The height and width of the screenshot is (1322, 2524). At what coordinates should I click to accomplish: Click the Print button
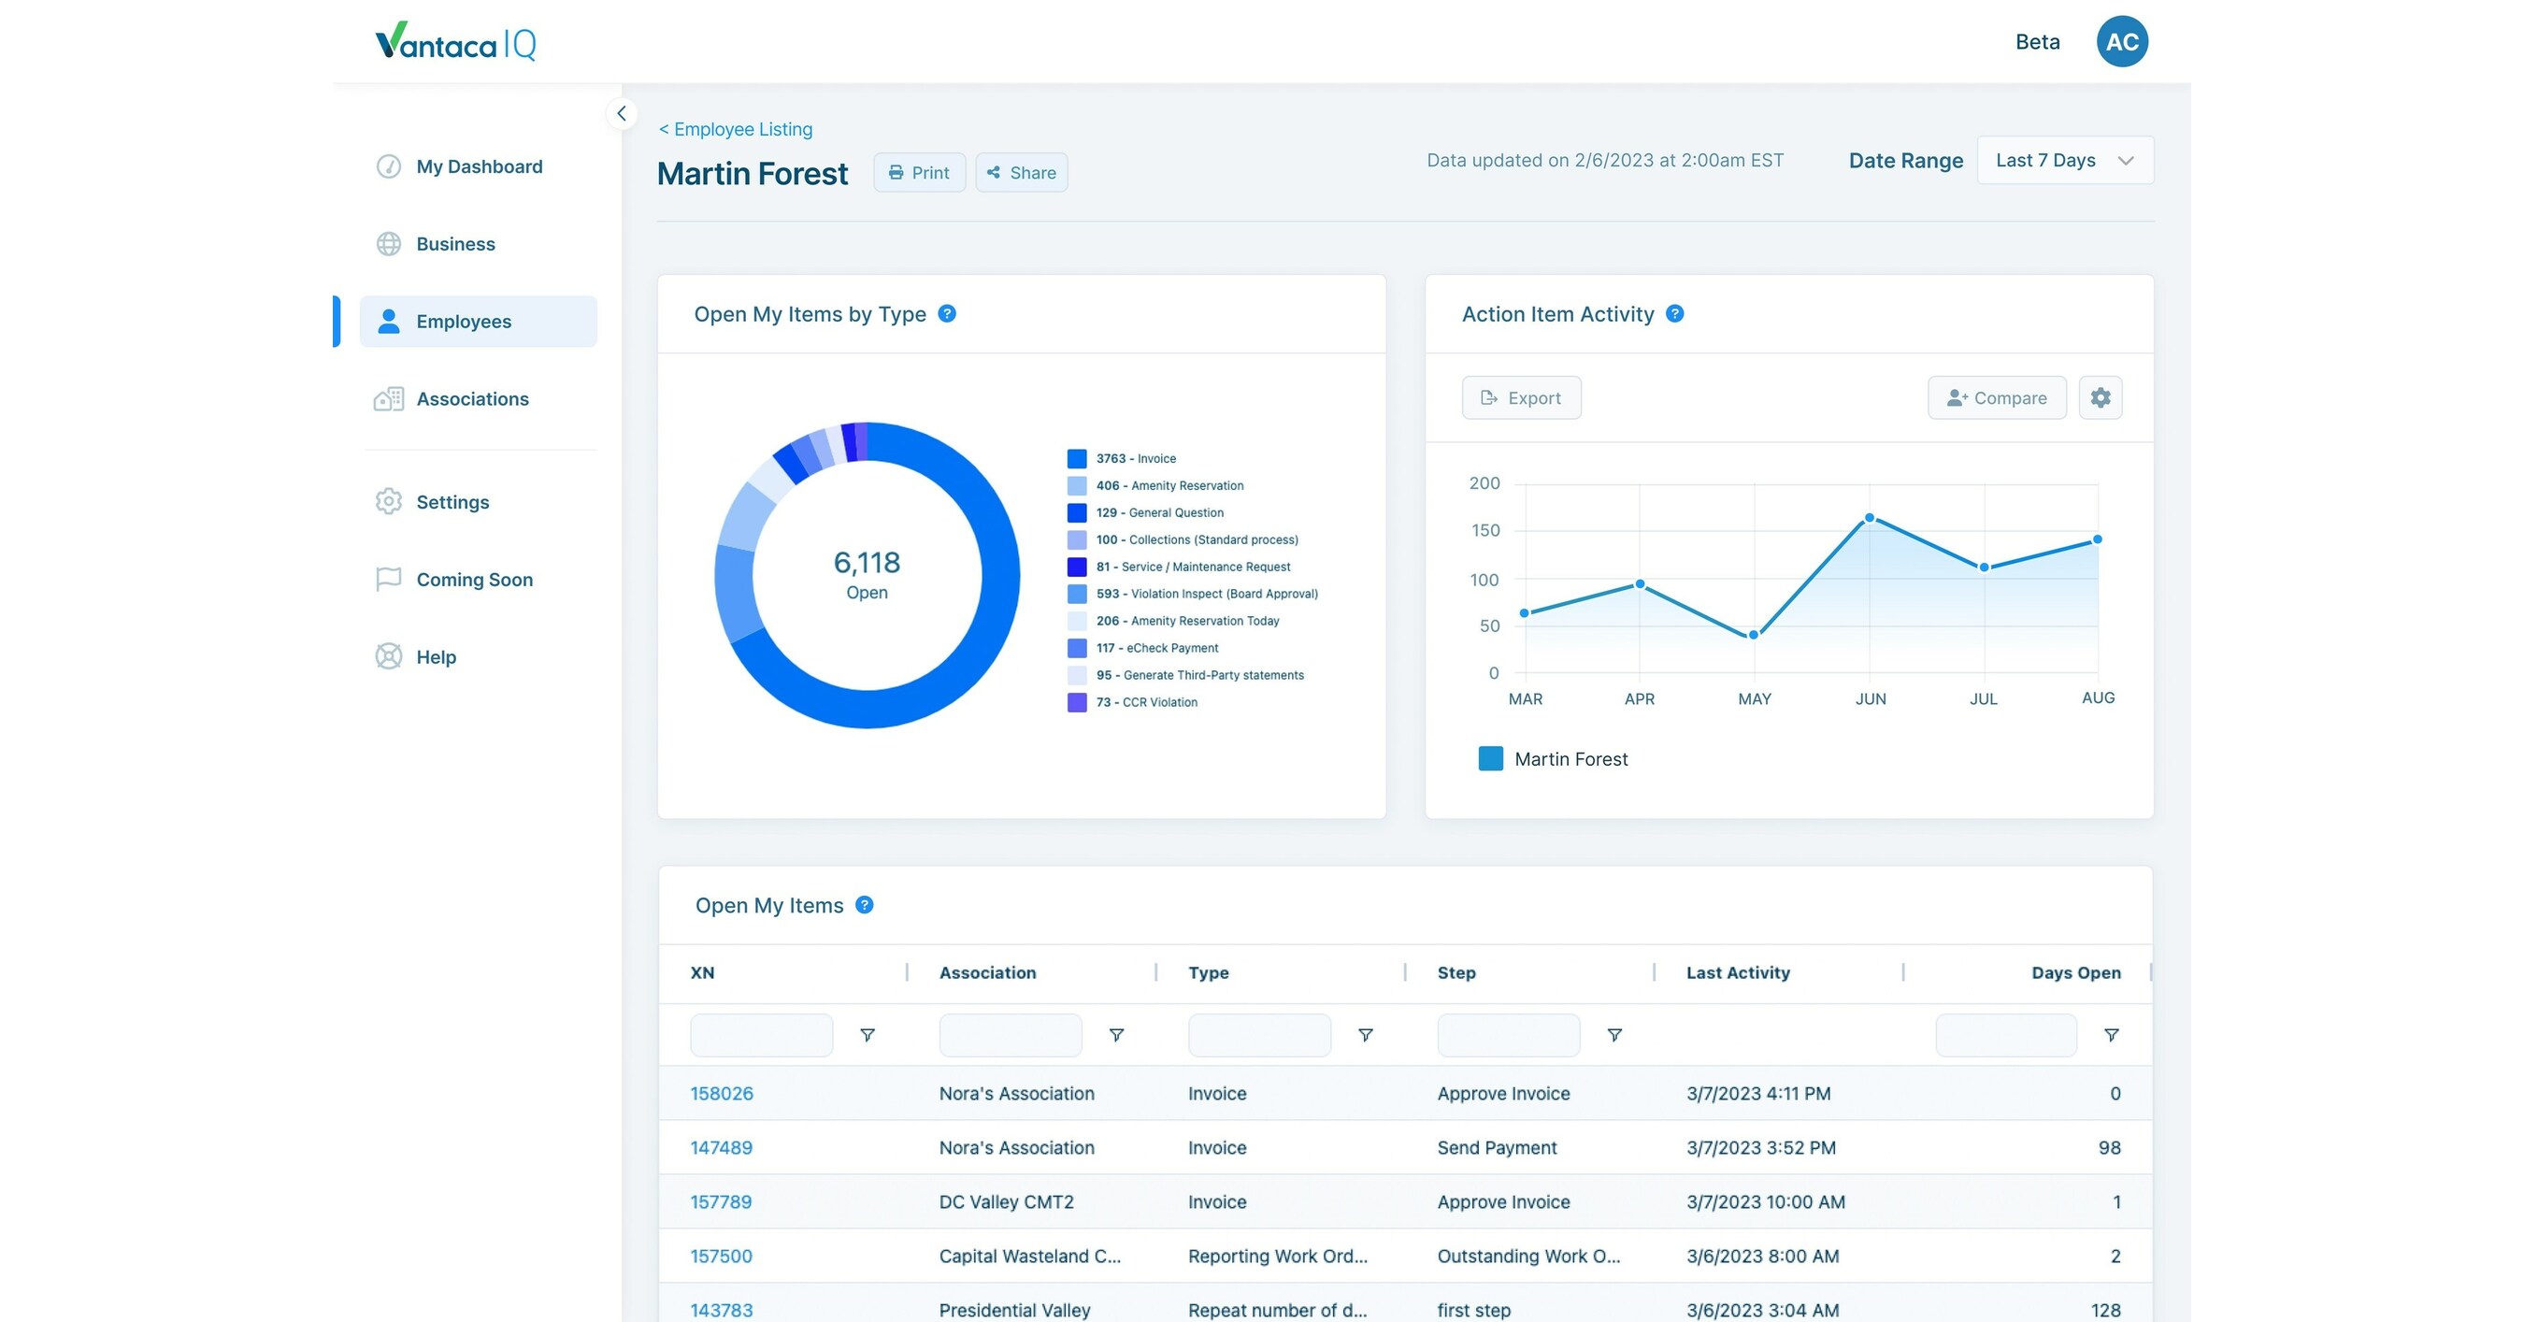[x=919, y=172]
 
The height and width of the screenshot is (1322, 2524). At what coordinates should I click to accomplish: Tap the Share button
[x=1021, y=172]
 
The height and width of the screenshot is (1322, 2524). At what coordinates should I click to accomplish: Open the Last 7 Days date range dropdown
[x=2064, y=161]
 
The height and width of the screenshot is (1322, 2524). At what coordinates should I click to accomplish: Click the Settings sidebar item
[x=452, y=502]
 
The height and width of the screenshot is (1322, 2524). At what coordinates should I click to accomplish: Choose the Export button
[x=1521, y=398]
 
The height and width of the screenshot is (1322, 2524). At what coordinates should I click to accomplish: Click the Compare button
[x=1996, y=398]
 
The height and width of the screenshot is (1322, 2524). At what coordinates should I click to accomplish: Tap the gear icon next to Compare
[x=2100, y=398]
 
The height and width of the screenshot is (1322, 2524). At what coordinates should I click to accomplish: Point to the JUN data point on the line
[x=1870, y=517]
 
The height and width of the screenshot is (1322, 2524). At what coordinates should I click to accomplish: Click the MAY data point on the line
[x=1754, y=635]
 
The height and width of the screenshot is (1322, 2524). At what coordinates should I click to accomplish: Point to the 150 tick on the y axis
[x=1484, y=530]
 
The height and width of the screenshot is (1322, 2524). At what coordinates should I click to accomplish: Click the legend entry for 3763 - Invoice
[x=1136, y=459]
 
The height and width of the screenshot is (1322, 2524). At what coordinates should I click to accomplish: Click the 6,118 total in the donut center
[x=867, y=563]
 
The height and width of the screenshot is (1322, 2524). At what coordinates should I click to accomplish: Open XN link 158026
[x=721, y=1094]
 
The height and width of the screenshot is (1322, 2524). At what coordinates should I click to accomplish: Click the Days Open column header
[x=2075, y=973]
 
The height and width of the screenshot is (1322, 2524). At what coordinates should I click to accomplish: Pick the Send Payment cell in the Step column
[x=1497, y=1147]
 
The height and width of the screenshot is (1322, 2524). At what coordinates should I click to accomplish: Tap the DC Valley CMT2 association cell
[x=1006, y=1202]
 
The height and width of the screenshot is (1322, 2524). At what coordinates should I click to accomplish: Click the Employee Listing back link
[x=736, y=129]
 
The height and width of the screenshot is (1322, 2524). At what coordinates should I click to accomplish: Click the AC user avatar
[x=2121, y=42]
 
